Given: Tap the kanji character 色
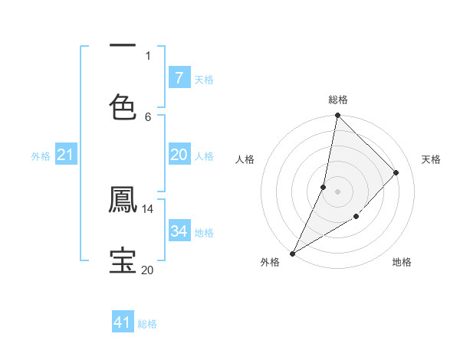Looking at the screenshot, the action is tap(123, 107).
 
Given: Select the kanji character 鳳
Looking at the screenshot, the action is tap(123, 200).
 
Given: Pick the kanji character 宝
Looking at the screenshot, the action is tap(123, 260).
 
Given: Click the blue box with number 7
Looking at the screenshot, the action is tap(179, 78).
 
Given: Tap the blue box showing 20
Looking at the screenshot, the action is tap(179, 155).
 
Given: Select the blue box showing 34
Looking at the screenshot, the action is tap(179, 231).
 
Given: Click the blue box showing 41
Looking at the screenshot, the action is tap(123, 322).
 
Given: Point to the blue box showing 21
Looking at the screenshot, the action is tap(65, 155).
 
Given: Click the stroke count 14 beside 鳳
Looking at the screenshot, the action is tap(148, 208).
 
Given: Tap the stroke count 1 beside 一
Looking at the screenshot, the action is tap(148, 55).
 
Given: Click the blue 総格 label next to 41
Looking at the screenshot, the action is tap(147, 324).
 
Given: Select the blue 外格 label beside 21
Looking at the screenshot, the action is tap(41, 156).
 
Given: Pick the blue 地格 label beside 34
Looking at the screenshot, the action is tap(204, 232).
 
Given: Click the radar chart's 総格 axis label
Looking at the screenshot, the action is tap(337, 100).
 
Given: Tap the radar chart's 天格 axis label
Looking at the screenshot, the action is tap(431, 159).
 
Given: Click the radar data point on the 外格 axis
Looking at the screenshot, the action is tap(292, 254).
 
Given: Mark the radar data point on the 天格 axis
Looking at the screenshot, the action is tap(396, 172).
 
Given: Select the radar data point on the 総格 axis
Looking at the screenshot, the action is tap(337, 115).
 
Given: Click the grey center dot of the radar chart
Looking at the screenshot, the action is tap(337, 191).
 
